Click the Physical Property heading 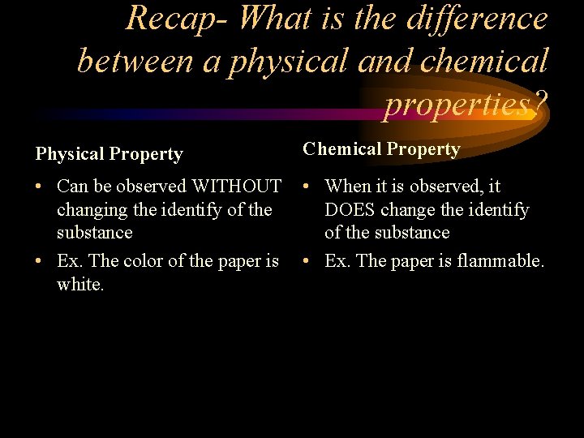[x=109, y=154]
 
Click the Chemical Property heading [x=381, y=149]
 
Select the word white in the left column [x=79, y=285]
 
